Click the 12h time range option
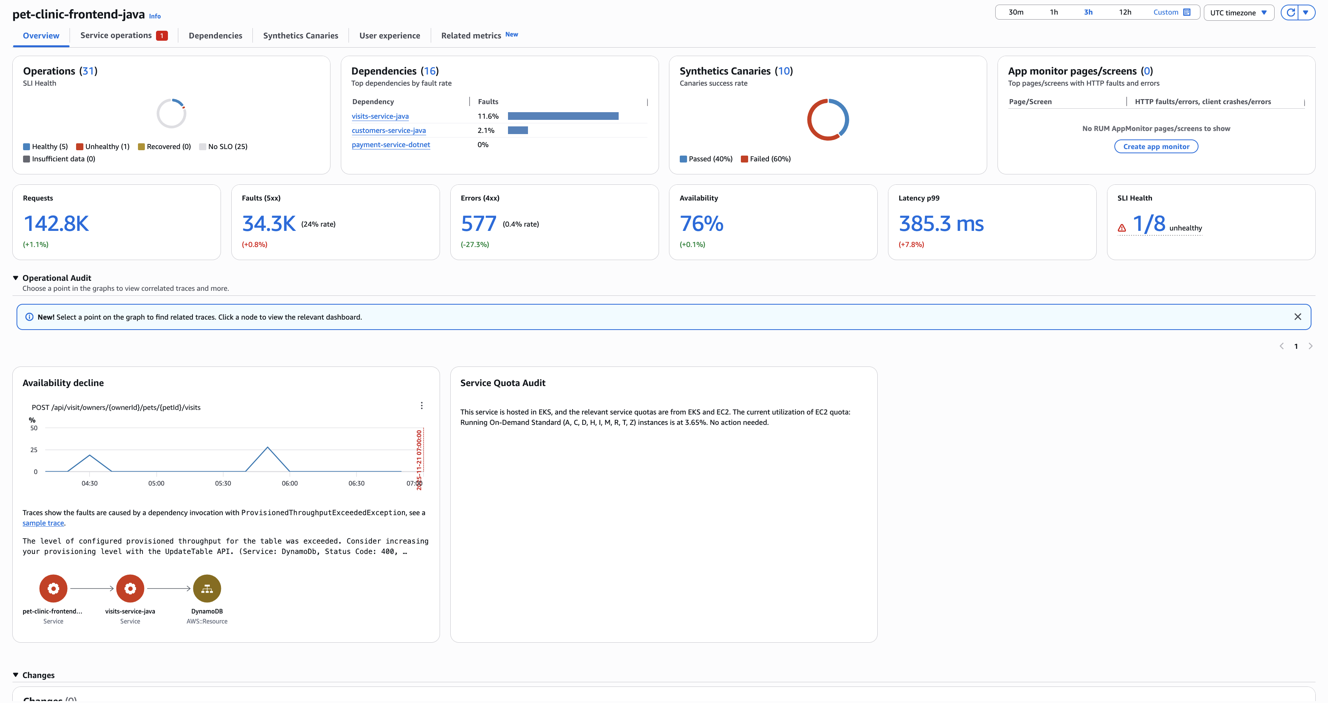coord(1125,12)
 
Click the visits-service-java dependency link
coord(380,116)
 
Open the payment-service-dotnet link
coord(391,145)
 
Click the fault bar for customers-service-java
coord(518,130)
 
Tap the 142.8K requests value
coord(56,224)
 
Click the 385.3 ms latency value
coord(941,224)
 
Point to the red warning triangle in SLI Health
coord(1122,228)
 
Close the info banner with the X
coord(1298,317)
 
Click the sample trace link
coord(43,523)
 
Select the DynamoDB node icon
coord(207,589)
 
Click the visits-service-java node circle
coord(130,589)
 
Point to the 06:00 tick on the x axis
coord(290,483)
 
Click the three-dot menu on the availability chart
coord(422,406)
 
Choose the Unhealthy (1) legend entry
coord(103,147)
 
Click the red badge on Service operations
coord(162,36)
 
